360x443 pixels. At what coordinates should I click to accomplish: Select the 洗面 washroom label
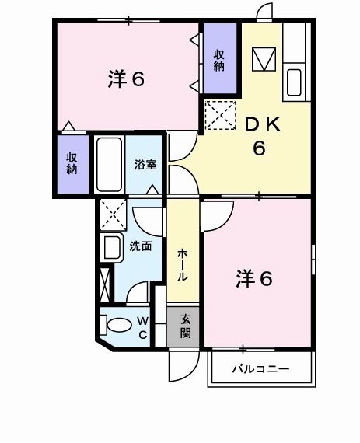(140, 246)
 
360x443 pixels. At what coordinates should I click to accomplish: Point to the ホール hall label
(183, 265)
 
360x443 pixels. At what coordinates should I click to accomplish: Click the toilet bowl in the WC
(118, 325)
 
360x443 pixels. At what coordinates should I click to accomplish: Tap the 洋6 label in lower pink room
(254, 278)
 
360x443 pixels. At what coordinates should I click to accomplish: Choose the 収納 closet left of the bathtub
(72, 163)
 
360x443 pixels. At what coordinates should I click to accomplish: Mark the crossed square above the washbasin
(114, 212)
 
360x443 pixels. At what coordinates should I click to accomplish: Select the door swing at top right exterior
(264, 12)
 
